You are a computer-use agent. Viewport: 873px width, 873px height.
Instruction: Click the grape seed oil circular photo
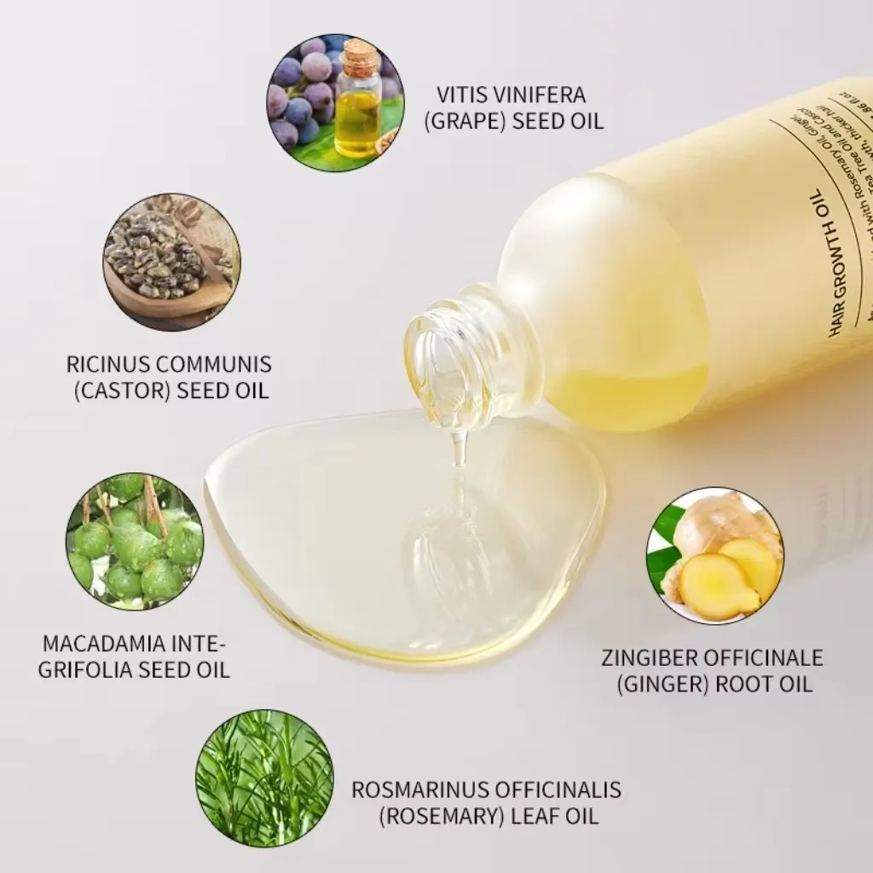(x=334, y=103)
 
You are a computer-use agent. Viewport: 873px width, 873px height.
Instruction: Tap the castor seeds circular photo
(x=171, y=262)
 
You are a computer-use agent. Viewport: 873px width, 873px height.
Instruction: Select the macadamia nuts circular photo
(x=135, y=541)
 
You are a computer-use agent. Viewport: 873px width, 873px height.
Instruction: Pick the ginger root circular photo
(x=714, y=556)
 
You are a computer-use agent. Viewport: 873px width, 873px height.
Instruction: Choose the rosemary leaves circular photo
(x=264, y=778)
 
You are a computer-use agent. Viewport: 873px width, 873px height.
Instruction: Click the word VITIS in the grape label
(x=464, y=95)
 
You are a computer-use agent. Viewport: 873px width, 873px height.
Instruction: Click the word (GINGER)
(x=651, y=684)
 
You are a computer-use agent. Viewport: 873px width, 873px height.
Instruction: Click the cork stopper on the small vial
(x=361, y=55)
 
